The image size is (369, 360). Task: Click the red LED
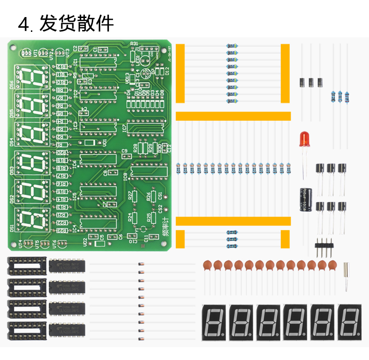point(304,139)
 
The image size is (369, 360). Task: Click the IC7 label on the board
point(125,129)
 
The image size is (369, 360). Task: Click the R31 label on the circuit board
point(134,44)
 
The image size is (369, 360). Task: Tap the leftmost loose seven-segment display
point(215,320)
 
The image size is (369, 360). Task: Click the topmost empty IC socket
point(27,266)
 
